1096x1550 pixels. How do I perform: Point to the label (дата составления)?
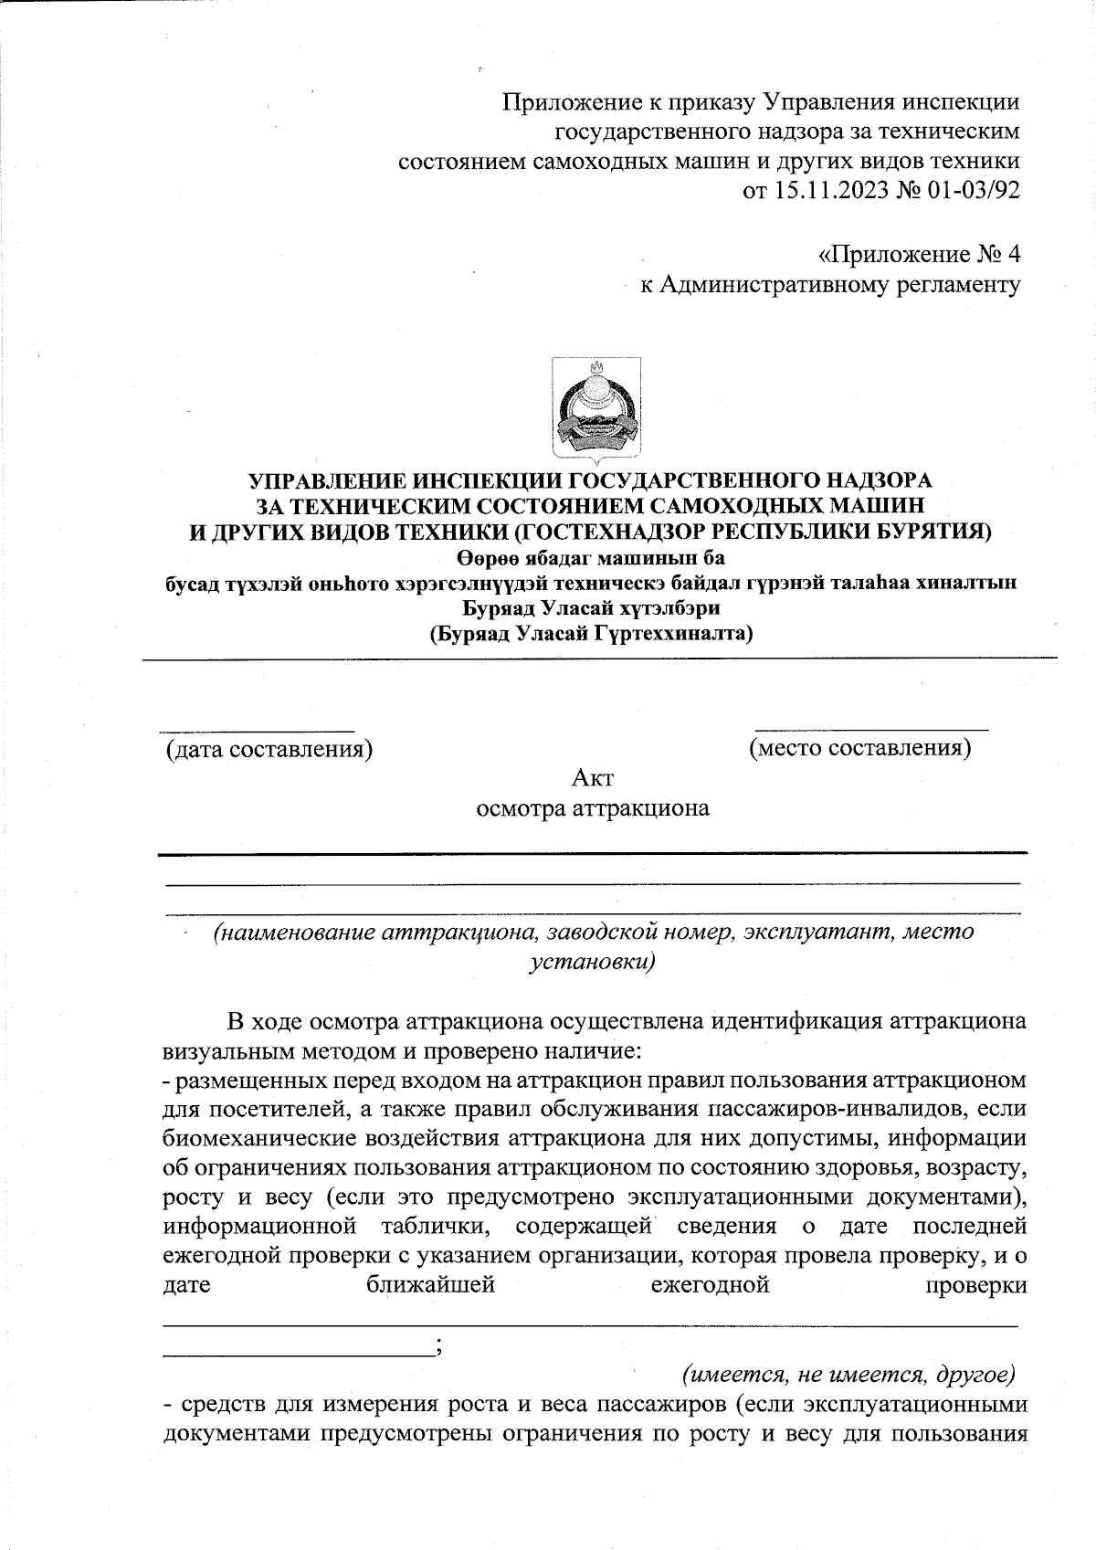click(x=269, y=750)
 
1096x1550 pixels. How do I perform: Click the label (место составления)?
click(x=859, y=748)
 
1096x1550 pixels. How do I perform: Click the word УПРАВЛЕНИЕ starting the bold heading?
click(x=327, y=480)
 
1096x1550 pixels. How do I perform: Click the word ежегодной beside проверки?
click(x=709, y=1285)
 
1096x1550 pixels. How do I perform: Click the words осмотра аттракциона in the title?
click(x=593, y=808)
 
